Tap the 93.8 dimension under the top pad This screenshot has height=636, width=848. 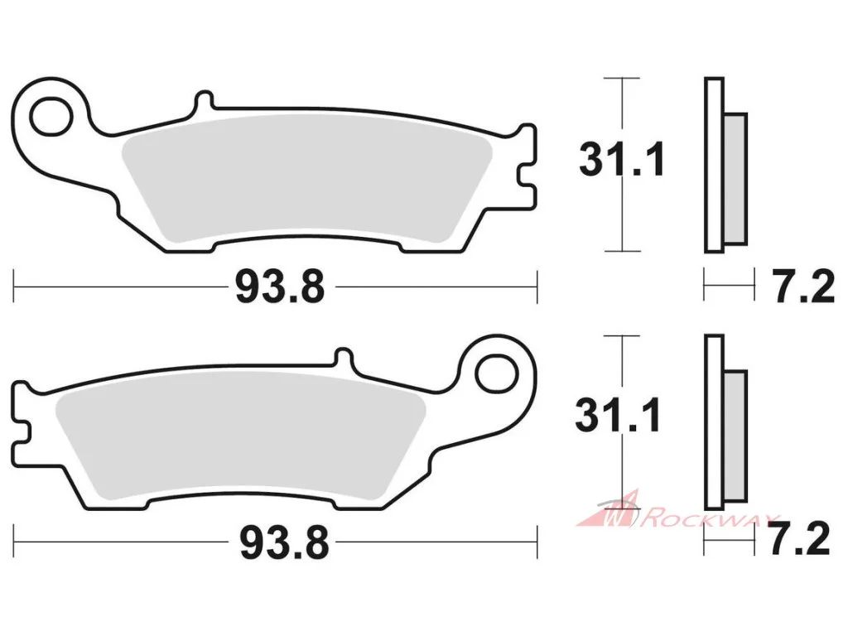tap(280, 287)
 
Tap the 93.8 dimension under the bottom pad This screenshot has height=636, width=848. tap(285, 543)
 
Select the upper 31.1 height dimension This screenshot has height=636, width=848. tap(621, 160)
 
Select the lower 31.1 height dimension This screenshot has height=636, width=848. tap(618, 416)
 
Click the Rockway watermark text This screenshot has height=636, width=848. tap(709, 519)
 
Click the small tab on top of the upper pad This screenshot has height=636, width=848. tap(204, 101)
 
